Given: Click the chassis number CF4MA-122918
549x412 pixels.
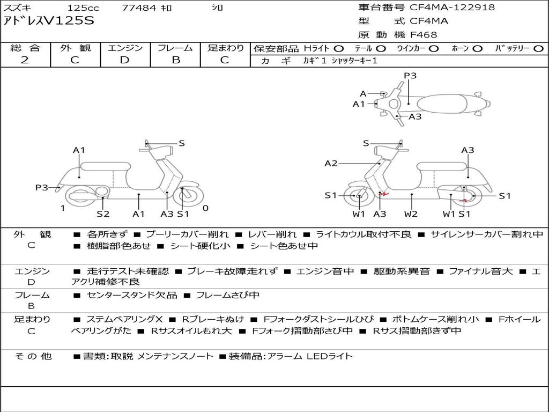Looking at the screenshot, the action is click(x=452, y=8).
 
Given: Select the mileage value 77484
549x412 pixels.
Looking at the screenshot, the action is click(x=139, y=8).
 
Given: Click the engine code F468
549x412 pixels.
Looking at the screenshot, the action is click(x=424, y=35).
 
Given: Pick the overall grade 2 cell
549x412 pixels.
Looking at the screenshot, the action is click(x=25, y=60).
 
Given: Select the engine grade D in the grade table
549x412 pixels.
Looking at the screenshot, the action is click(x=125, y=60).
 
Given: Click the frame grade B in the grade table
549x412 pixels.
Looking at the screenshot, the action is click(x=175, y=60).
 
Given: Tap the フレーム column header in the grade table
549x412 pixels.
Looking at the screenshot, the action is click(x=175, y=48).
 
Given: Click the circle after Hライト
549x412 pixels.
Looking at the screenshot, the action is click(x=339, y=49).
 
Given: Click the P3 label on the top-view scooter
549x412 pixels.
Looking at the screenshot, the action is click(x=410, y=76).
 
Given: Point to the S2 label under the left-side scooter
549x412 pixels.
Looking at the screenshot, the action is click(x=103, y=214).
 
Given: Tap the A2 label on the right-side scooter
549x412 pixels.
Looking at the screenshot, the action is click(x=331, y=164).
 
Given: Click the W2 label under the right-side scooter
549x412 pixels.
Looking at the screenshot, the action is click(x=411, y=214).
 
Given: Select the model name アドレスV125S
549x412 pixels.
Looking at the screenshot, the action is click(x=49, y=21).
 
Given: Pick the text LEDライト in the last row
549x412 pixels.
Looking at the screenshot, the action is click(x=330, y=356).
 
